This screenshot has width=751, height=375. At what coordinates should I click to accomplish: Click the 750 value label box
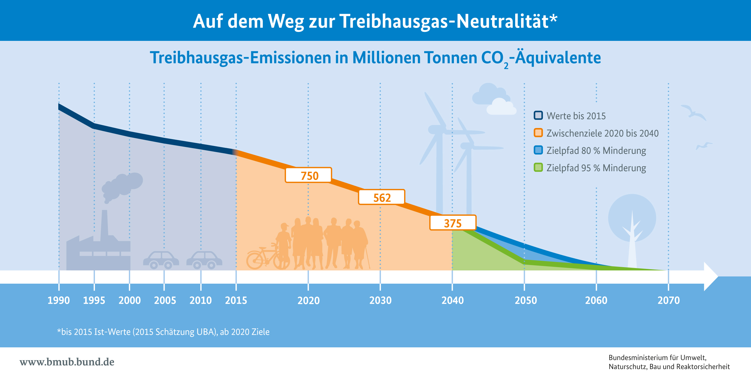[308, 175]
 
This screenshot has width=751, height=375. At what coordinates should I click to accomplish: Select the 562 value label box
[382, 197]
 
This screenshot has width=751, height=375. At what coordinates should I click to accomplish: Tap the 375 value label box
[453, 223]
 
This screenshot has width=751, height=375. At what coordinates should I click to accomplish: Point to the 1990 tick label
[59, 300]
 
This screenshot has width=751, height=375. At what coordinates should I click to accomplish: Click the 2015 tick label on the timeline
[236, 300]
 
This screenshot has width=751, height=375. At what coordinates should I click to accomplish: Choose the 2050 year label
[526, 300]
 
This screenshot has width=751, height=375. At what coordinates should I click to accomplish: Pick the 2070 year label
[669, 300]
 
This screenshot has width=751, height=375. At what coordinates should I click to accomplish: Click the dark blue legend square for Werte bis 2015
[538, 115]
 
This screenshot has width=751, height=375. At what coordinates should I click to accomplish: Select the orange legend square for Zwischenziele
[538, 133]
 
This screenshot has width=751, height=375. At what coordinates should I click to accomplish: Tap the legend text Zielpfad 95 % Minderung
[596, 168]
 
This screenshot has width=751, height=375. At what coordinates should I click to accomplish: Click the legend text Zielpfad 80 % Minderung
[596, 151]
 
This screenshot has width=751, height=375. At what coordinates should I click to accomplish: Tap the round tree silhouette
[632, 218]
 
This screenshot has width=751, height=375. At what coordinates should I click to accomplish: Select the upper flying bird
[693, 112]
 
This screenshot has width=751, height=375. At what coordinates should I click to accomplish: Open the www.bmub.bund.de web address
[67, 362]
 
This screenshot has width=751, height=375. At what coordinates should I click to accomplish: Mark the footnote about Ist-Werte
[163, 332]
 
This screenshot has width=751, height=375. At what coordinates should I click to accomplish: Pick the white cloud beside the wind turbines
[501, 107]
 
